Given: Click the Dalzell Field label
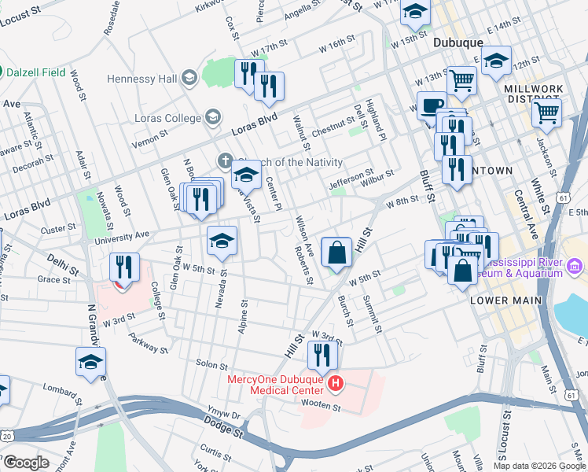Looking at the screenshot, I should (x=36, y=71).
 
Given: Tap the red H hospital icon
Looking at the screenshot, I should (x=336, y=384).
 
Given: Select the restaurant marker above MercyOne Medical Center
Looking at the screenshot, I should (x=322, y=358).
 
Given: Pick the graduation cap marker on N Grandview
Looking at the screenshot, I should (x=90, y=363).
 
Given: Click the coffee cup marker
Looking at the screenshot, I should (x=431, y=105).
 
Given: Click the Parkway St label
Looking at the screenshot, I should (x=147, y=345).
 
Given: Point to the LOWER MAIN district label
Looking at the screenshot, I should (x=505, y=301).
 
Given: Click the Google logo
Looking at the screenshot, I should (x=26, y=463).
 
